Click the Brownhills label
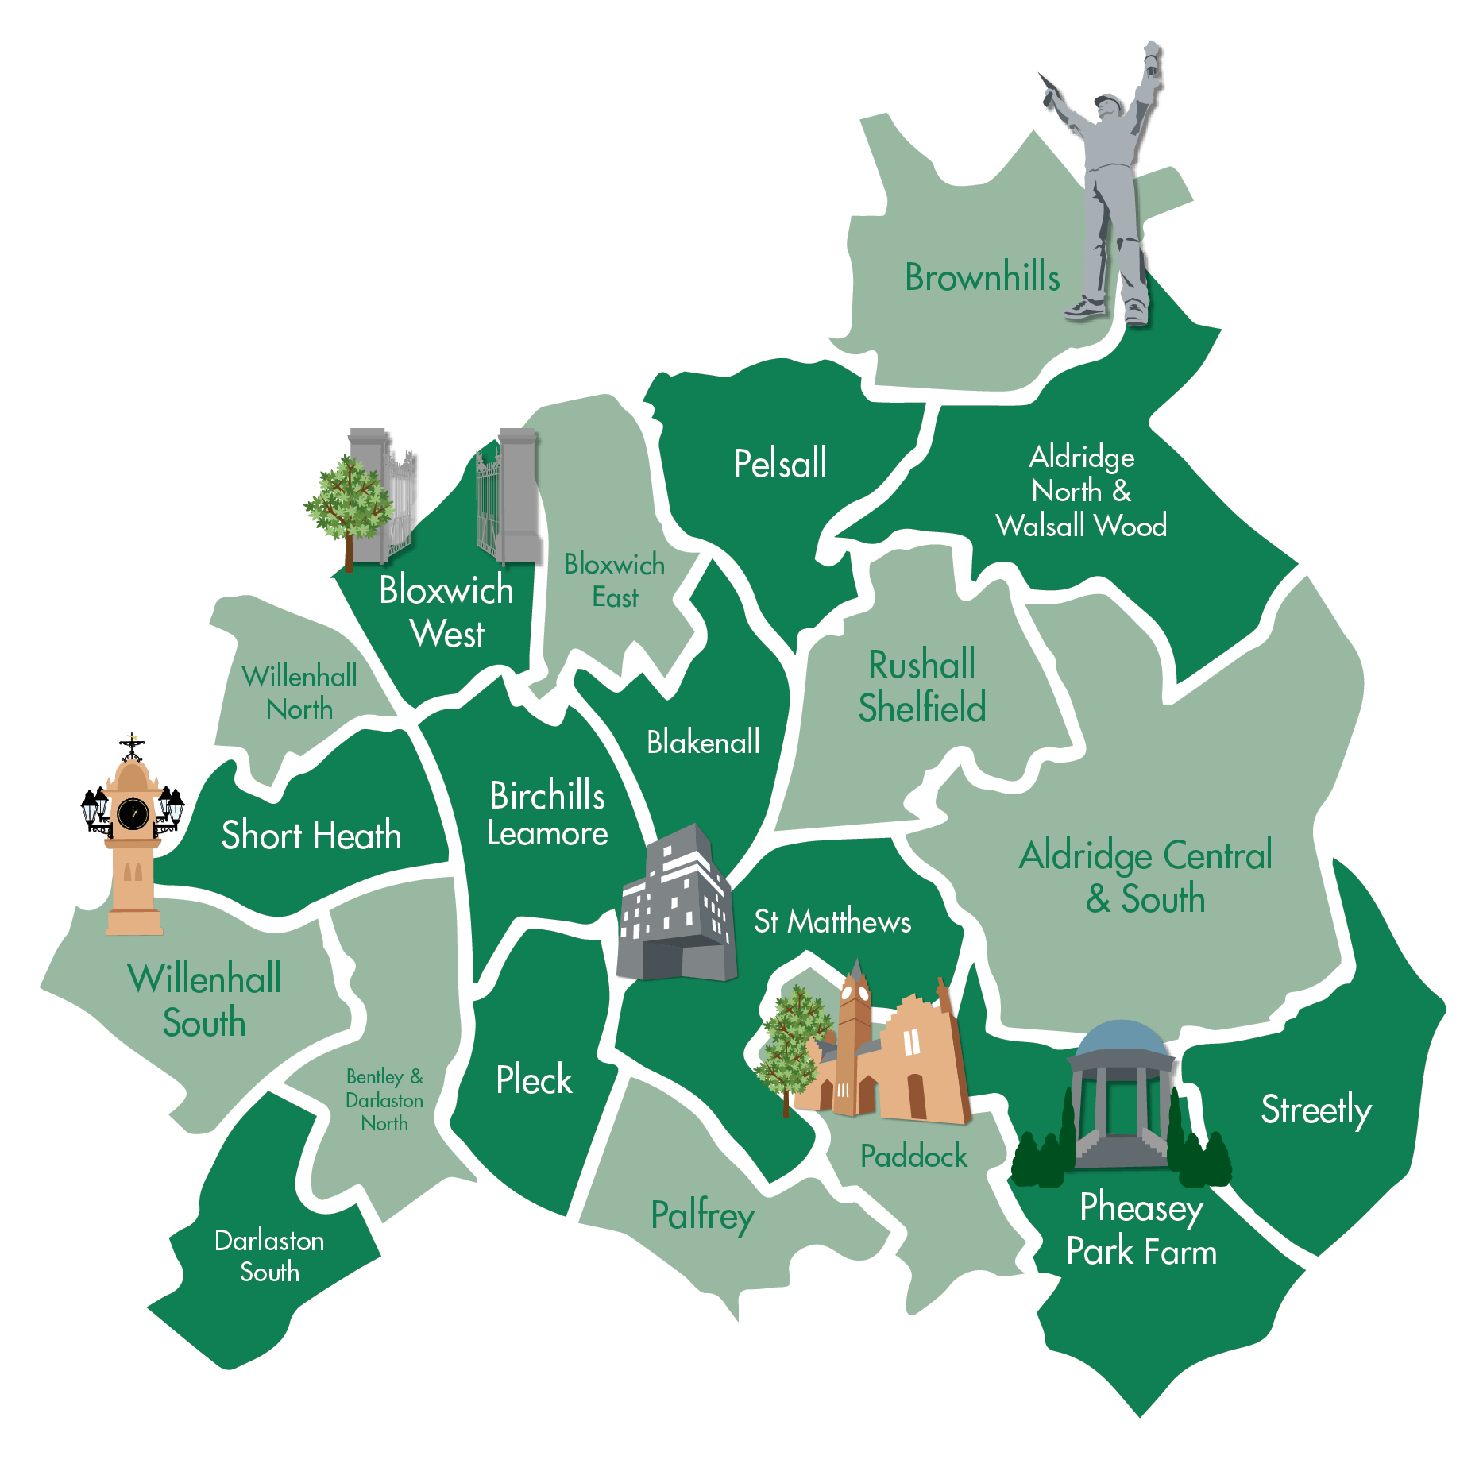coord(983,277)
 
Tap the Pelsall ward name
coord(779,463)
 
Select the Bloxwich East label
coord(614,581)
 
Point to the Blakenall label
coord(703,742)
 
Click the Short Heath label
coord(311,835)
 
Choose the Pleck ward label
coord(534,1079)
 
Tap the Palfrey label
coord(702,1216)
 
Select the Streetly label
coord(1315,1110)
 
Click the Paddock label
coord(913,1156)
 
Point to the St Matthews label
coord(832,921)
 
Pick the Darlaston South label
coord(269,1256)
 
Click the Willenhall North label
coord(299,692)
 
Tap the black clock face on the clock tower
coord(133,813)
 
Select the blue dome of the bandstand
coord(1120,1037)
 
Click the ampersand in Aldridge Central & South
coord(1099,899)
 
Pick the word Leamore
coord(547,834)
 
